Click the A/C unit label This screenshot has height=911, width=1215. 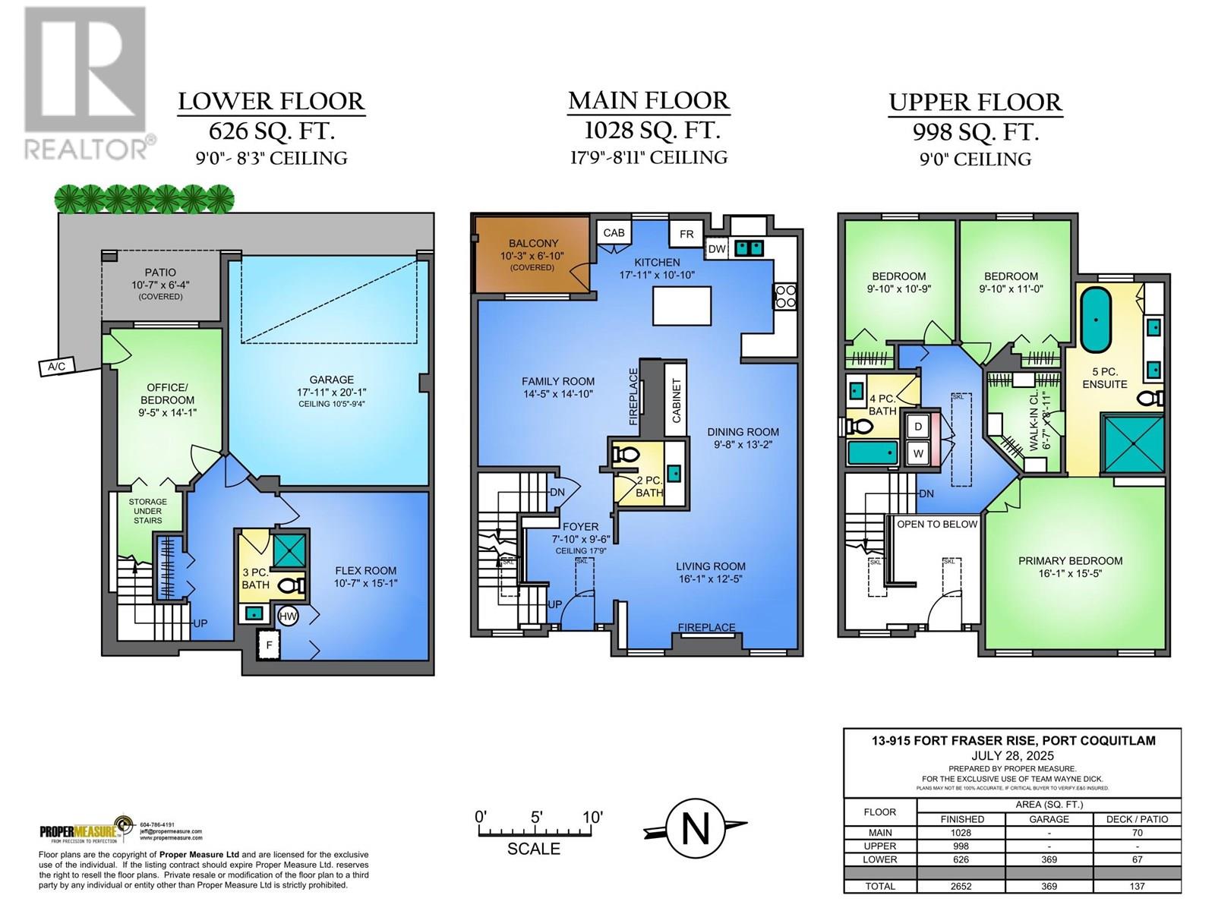coord(57,367)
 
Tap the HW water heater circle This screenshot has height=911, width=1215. coord(288,616)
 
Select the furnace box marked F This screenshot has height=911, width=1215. coord(268,646)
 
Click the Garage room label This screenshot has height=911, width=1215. coord(331,380)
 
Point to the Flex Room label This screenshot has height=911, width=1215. coord(366,571)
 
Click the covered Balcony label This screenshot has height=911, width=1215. coord(533,243)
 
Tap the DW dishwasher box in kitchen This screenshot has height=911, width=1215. coord(717,248)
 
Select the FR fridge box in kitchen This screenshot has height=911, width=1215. coord(686,234)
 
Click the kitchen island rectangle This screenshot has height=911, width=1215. coord(680,306)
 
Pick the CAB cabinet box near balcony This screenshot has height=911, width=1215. coord(614,232)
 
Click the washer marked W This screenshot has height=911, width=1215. coord(918,453)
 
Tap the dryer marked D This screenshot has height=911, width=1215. coord(918,427)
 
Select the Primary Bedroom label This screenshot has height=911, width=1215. coord(1070,561)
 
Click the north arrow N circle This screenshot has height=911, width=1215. coord(695,829)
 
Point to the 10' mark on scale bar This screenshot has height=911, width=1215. coord(592,818)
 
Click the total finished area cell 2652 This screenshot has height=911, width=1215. coord(961,886)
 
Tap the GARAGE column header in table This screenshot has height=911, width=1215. coord(1049,819)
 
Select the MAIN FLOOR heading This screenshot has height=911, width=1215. coord(649,100)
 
